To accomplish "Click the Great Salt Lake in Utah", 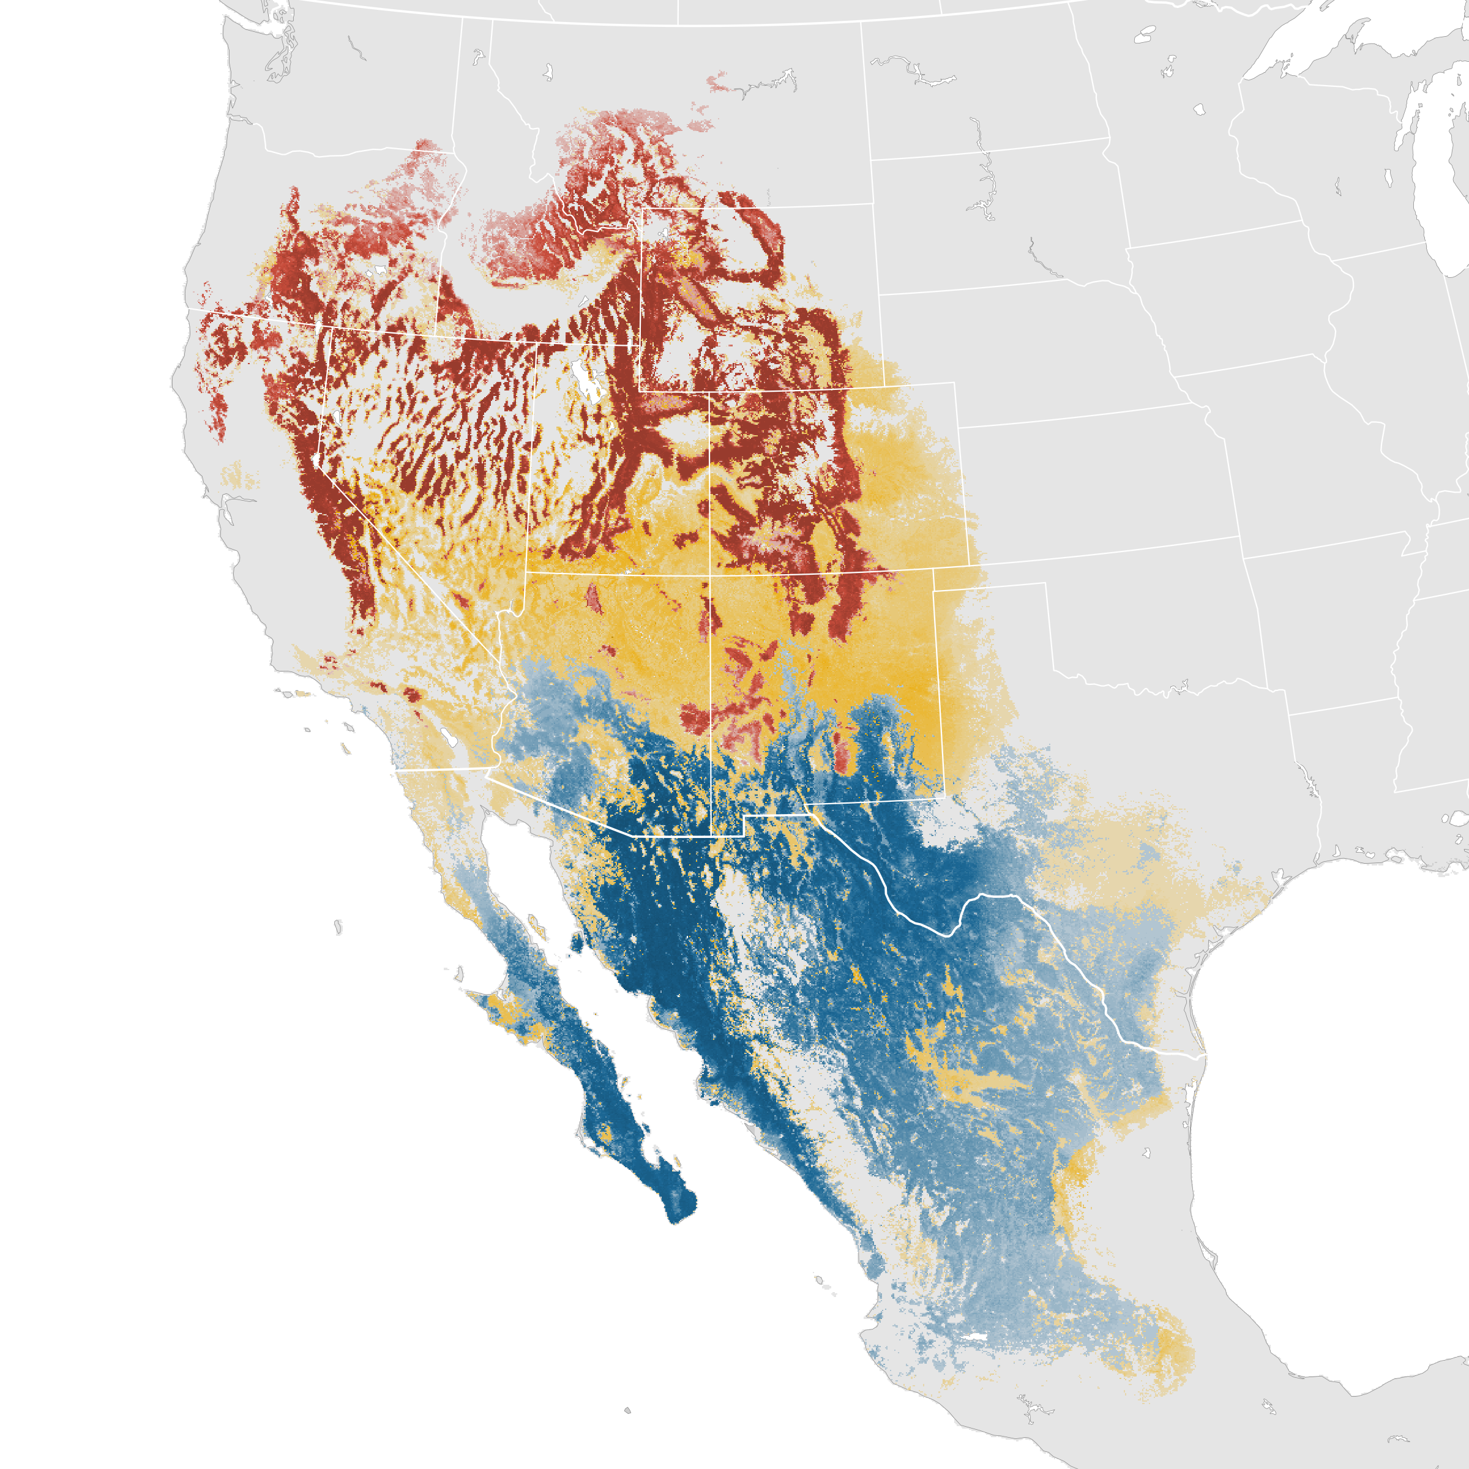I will point(586,379).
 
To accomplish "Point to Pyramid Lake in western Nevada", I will point(335,417).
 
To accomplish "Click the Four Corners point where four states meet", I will point(710,574).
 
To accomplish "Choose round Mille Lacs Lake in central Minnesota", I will point(1199,110).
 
